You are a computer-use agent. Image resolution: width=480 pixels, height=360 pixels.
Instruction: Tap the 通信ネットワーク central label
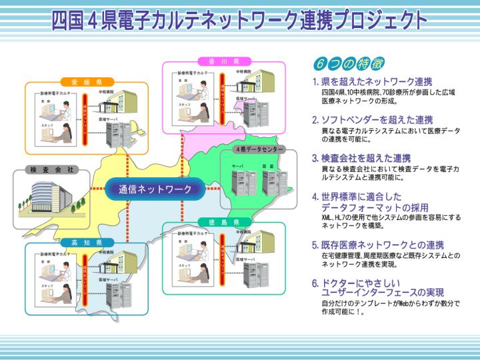pyautogui.click(x=155, y=189)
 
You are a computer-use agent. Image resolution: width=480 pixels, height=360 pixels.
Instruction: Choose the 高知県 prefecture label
pyautogui.click(x=85, y=242)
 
